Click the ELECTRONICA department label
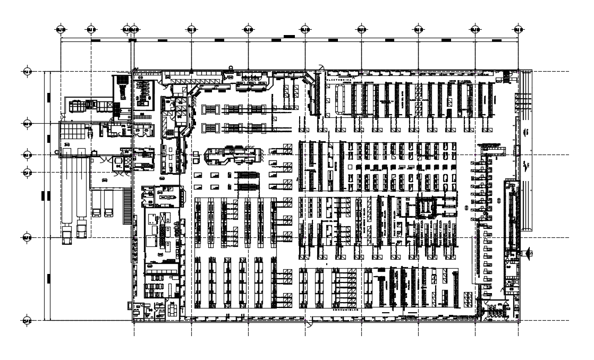pyautogui.click(x=339, y=78)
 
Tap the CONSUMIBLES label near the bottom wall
pyautogui.click(x=346, y=307)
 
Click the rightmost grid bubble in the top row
pyautogui.click(x=519, y=29)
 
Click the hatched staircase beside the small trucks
pyautogui.click(x=126, y=207)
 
